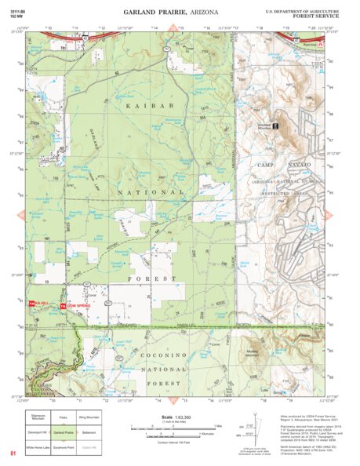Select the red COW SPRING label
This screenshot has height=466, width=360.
click(75, 304)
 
